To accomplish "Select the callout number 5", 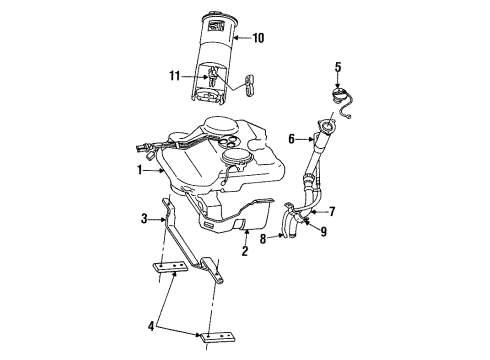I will pyautogui.click(x=337, y=68).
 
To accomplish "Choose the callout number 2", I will pyautogui.click(x=243, y=252).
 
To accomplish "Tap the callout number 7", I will pyautogui.click(x=333, y=211).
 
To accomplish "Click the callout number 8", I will pyautogui.click(x=262, y=238).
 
